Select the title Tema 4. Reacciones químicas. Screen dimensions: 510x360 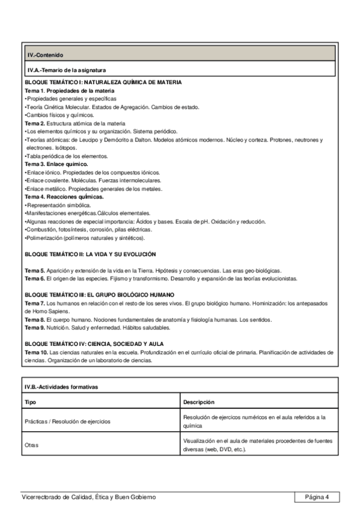tap(64, 196)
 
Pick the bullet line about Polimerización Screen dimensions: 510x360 tap(81, 238)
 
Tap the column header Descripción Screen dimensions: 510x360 tap(199, 402)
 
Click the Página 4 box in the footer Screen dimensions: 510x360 tap(317, 497)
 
